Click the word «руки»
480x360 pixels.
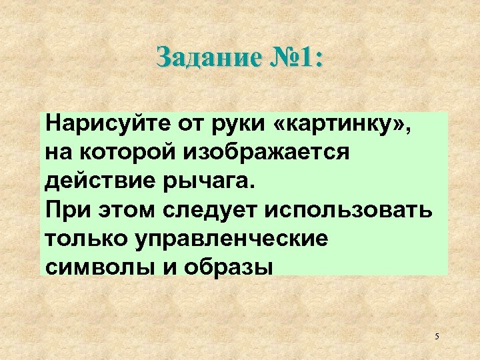tap(231, 125)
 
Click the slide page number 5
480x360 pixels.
tap(437, 337)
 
